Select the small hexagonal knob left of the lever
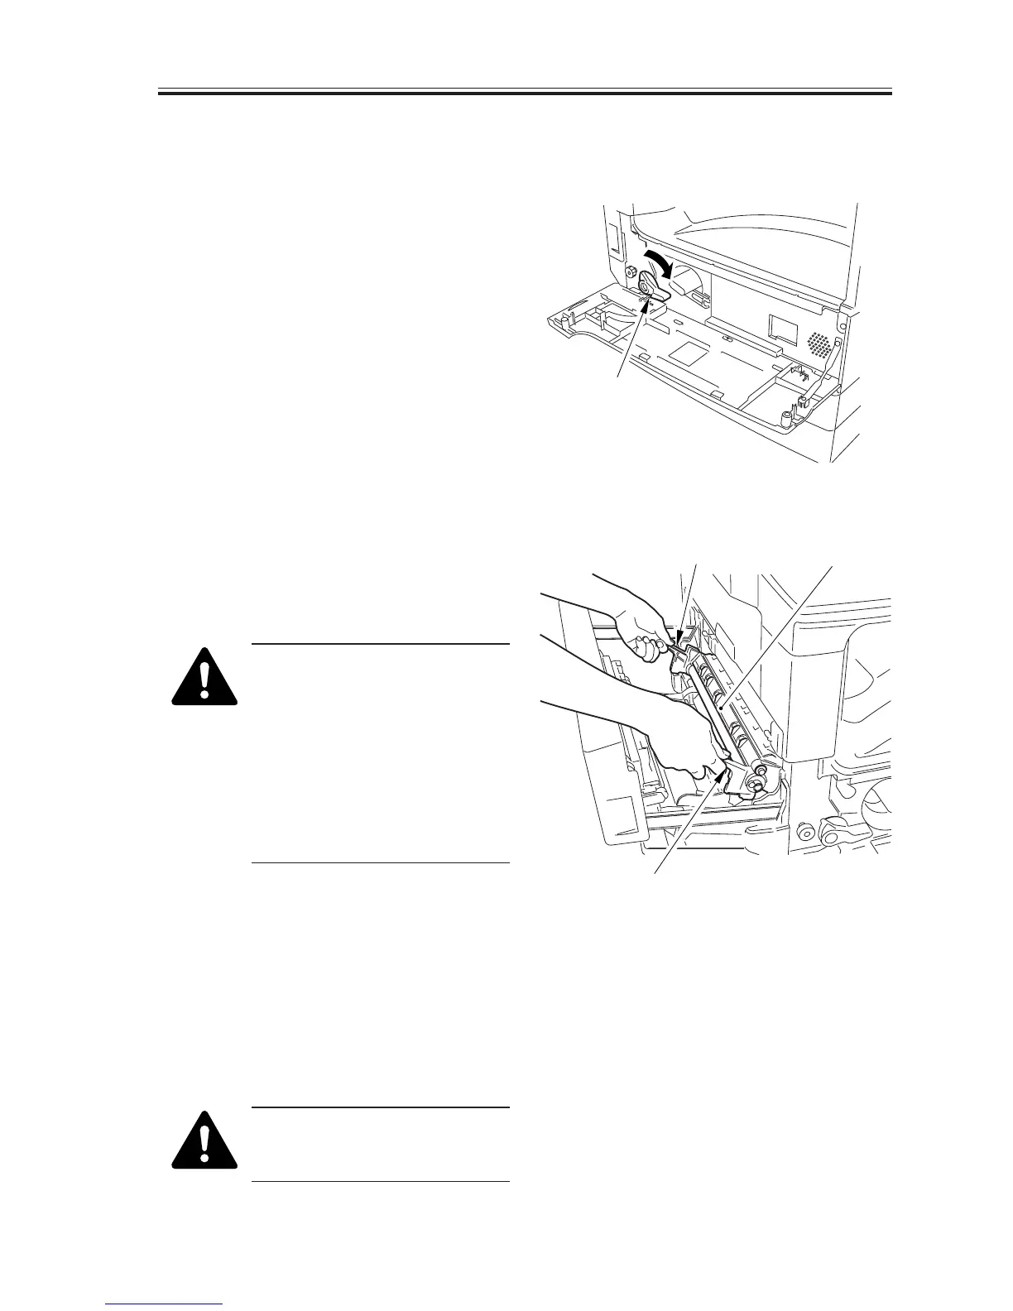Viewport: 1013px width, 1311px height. tap(631, 273)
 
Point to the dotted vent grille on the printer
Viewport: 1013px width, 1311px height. tap(818, 343)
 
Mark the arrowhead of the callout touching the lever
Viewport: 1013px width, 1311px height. tap(647, 308)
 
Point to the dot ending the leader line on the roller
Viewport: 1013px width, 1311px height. tap(723, 708)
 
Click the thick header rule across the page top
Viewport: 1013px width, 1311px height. tap(525, 93)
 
